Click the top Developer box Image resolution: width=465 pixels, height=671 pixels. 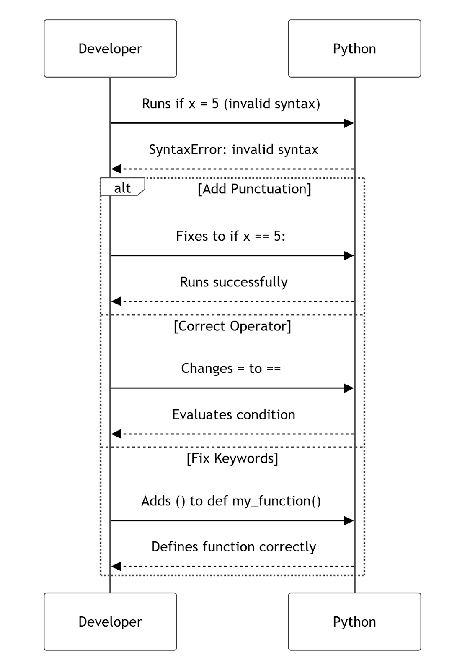tap(110, 48)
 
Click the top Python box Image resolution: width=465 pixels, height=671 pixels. tap(354, 48)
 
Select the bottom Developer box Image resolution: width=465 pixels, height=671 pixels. tap(110, 622)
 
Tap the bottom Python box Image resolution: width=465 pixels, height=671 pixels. tap(354, 622)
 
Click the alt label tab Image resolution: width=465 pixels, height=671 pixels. tap(122, 187)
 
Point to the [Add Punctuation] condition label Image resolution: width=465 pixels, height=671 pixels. tap(254, 189)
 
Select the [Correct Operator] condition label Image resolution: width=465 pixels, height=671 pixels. tap(232, 326)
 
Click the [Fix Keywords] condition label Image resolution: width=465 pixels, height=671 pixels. tap(232, 458)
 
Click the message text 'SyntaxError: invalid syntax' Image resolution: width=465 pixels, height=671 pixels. tap(233, 149)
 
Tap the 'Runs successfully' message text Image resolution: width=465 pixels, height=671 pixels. tap(233, 282)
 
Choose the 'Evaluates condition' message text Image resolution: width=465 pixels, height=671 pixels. tap(233, 414)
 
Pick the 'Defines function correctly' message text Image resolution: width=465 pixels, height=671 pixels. tap(233, 547)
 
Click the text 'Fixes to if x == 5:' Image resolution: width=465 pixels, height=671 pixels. tap(230, 236)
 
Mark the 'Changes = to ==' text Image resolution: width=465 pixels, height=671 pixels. tap(230, 368)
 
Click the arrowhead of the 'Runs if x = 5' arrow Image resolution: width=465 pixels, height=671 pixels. tap(349, 123)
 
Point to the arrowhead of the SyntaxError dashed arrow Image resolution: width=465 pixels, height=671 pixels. tap(116, 169)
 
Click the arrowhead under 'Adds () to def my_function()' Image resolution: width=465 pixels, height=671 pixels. tap(349, 520)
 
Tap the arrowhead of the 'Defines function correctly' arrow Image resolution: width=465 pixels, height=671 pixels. tap(116, 567)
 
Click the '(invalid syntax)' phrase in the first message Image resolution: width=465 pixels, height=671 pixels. tap(272, 103)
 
